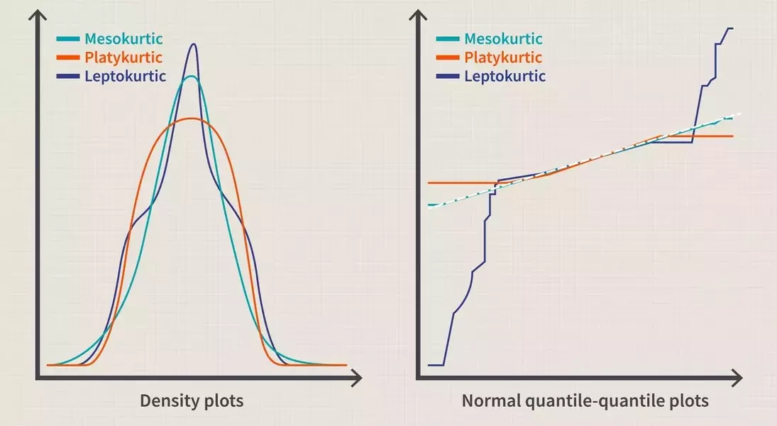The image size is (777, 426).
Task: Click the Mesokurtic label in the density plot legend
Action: [123, 38]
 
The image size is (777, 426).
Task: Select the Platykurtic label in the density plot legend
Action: [123, 58]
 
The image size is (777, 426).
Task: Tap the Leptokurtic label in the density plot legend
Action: [125, 76]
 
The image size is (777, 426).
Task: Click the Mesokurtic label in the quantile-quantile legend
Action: [503, 38]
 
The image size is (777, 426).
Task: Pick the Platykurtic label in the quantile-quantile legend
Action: [503, 58]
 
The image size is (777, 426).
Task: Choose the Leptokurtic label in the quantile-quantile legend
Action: [505, 76]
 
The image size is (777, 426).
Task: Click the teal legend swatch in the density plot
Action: [69, 38]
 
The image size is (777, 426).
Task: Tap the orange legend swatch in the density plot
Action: [69, 58]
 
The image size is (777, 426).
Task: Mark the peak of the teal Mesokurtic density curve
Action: [191, 76]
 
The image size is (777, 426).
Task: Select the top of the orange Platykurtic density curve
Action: [190, 118]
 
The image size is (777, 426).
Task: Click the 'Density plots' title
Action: [191, 401]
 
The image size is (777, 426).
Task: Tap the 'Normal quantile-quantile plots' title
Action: [585, 401]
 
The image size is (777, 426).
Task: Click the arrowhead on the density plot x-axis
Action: [357, 376]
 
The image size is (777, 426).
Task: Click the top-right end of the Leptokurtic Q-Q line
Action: [732, 28]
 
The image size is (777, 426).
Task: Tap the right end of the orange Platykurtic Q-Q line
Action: [732, 136]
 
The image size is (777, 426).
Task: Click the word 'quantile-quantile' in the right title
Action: [584, 401]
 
